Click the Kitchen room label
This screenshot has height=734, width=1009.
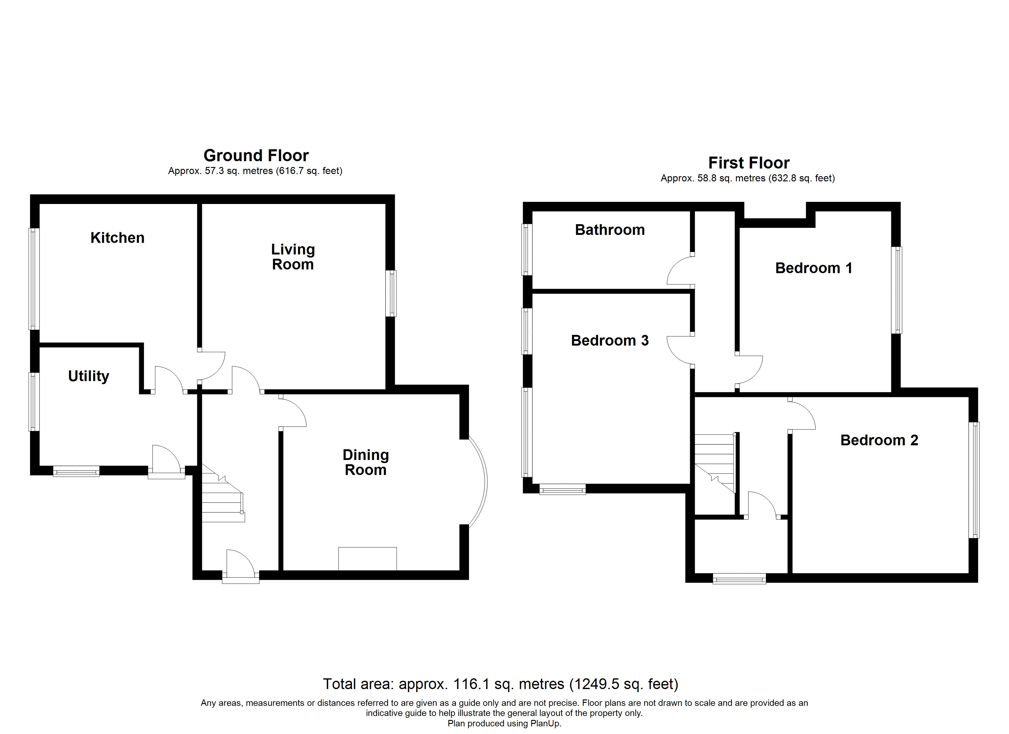click(117, 238)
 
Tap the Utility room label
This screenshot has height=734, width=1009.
click(89, 376)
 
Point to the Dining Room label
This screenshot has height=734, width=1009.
click(366, 462)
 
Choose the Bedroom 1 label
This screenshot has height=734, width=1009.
click(813, 269)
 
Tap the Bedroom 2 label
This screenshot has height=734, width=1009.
click(879, 441)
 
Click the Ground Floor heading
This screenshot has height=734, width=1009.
click(256, 156)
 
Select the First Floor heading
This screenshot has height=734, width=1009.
click(749, 163)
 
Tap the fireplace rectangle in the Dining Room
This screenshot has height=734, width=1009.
click(368, 559)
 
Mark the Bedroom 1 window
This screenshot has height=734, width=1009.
click(896, 290)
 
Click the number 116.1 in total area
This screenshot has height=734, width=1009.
click(469, 684)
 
